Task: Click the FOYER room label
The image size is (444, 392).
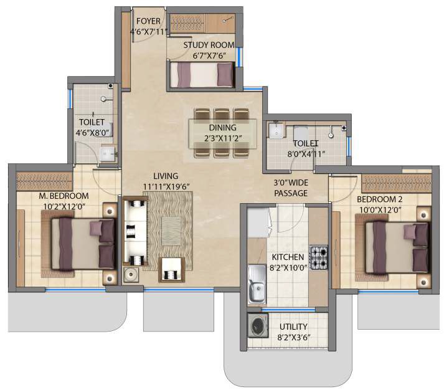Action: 148,21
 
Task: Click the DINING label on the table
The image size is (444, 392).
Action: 222,128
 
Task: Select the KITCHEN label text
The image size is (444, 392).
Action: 287,257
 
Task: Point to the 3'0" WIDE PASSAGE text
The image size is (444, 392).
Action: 291,188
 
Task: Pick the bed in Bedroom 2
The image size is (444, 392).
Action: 395,248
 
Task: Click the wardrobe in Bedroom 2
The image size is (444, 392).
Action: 397,183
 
